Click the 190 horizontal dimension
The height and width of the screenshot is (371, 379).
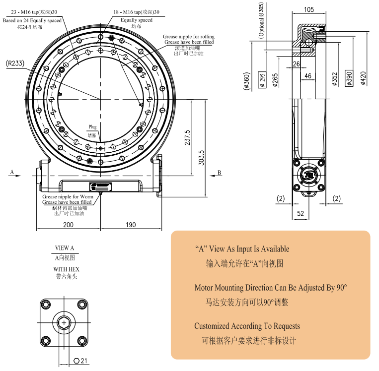point(131,225)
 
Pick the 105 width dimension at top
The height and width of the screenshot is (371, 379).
point(309,9)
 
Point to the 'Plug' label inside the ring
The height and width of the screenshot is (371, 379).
point(92,127)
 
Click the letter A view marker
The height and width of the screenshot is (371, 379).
point(11,173)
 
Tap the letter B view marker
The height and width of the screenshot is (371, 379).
point(219,173)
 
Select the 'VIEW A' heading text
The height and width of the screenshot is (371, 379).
point(64,248)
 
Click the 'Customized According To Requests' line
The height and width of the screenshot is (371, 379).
point(247,326)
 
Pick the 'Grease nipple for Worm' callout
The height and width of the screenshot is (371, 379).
point(68,197)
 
